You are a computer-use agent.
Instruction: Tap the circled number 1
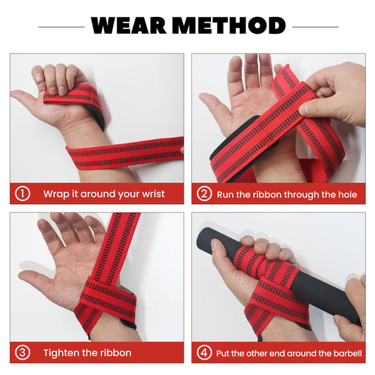point(23,193)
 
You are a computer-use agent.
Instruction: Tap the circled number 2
point(205,193)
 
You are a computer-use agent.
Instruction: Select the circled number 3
point(23,352)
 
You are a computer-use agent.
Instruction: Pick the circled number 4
point(205,352)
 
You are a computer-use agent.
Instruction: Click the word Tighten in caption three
point(61,353)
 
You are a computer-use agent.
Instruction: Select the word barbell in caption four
point(345,353)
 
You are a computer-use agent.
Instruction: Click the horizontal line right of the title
point(314,26)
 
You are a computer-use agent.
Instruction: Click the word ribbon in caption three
point(115,353)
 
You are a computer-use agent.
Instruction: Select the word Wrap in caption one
point(56,194)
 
